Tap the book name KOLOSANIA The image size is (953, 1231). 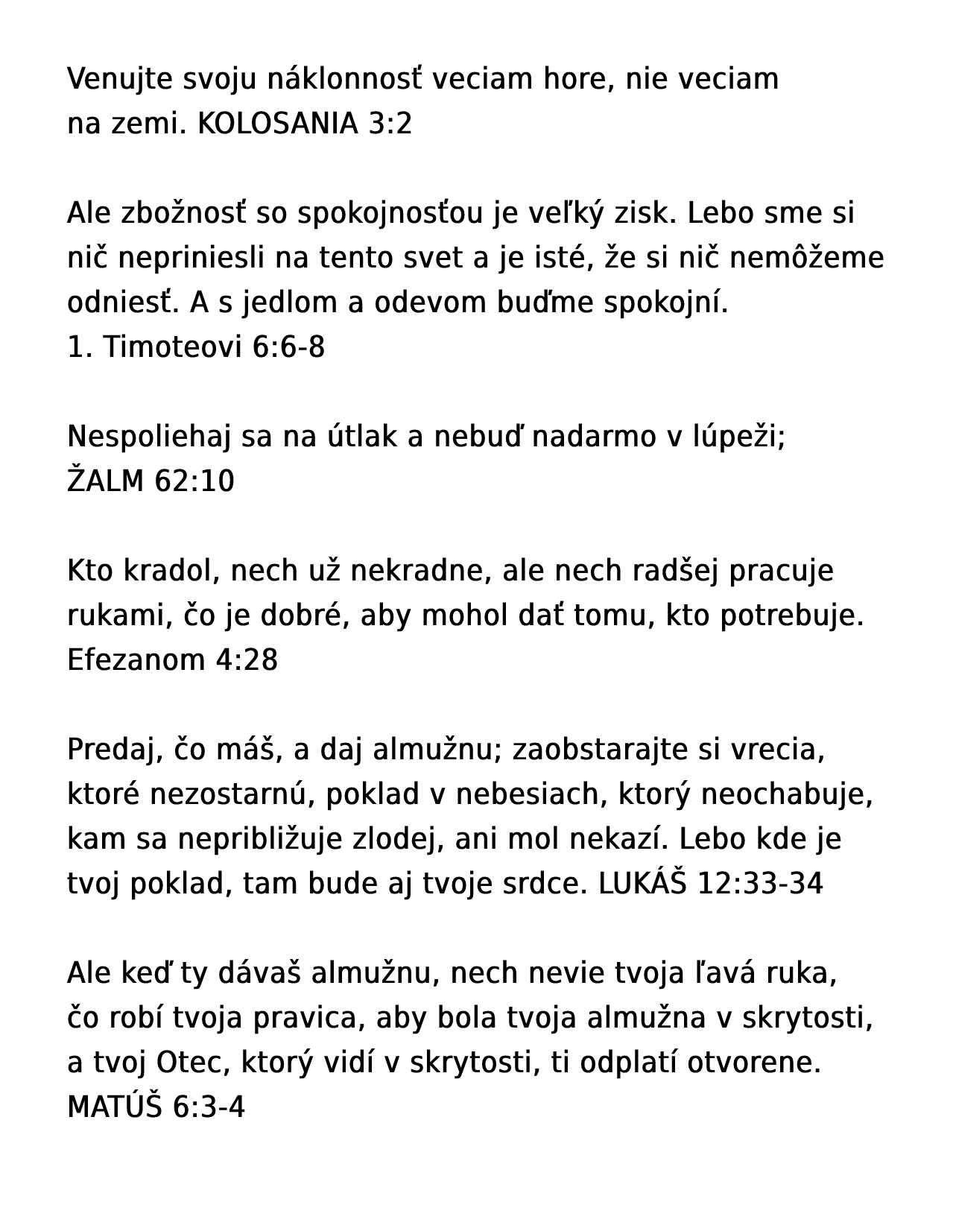tap(278, 124)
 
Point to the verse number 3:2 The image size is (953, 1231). tap(390, 124)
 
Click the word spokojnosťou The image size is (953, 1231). tap(390, 214)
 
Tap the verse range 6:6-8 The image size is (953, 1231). tap(289, 347)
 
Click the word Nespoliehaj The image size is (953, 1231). tap(150, 437)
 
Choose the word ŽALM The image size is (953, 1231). tap(105, 481)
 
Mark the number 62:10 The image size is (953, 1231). tap(194, 481)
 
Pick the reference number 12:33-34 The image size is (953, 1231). tap(760, 884)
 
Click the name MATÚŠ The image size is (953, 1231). tap(115, 1107)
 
